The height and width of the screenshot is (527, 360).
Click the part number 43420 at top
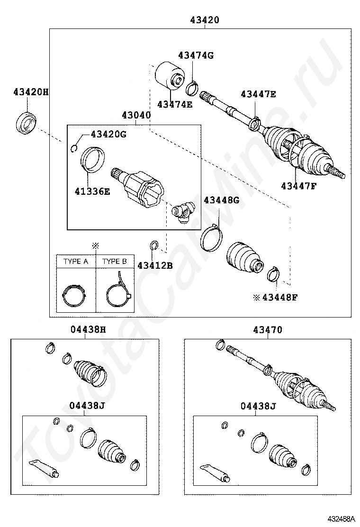click(x=205, y=20)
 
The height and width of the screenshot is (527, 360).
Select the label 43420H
click(x=31, y=92)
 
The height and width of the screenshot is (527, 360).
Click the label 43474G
click(x=196, y=55)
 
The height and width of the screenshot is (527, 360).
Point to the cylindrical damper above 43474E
click(x=170, y=75)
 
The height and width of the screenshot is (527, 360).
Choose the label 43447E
click(x=258, y=94)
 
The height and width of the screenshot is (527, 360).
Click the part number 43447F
click(x=298, y=186)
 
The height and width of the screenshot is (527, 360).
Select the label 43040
click(x=136, y=115)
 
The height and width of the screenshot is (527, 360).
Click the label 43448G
click(x=221, y=200)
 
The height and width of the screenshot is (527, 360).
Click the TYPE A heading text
click(x=76, y=261)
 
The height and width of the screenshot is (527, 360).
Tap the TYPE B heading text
click(x=115, y=261)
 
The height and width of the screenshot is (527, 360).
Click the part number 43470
click(x=267, y=330)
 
